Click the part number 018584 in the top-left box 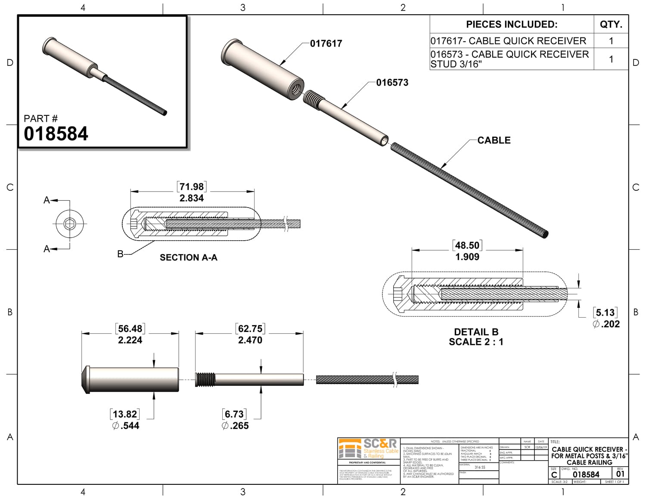pos(56,134)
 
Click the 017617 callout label pos(326,43)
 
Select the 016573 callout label pos(392,83)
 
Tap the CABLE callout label pos(494,140)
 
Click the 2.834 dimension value pos(192,198)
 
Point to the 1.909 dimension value pos(467,257)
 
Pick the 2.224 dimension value pos(130,340)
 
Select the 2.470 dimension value pos(250,340)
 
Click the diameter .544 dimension pos(125,426)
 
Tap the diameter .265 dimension pos(235,426)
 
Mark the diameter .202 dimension pos(606,324)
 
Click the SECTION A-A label pos(189,257)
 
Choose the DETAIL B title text pos(476,332)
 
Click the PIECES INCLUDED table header pos(512,25)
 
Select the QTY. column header pos(611,25)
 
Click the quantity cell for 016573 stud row pos(611,59)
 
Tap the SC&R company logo pos(369,449)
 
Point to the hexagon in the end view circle pos(69,224)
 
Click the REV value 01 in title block pos(620,474)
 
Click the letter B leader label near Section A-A pos(121,254)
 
